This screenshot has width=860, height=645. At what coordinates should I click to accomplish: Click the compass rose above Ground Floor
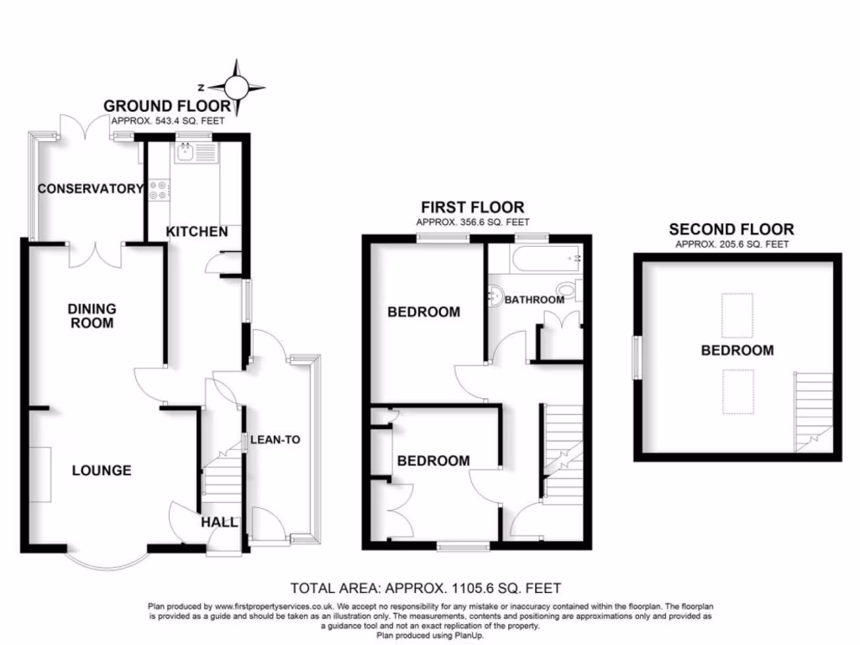238,87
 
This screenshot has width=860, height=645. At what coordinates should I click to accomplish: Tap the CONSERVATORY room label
91,188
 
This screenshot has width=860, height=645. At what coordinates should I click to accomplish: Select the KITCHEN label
197,231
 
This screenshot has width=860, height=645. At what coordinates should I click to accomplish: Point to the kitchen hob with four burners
159,191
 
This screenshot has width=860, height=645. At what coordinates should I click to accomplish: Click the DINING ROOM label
92,315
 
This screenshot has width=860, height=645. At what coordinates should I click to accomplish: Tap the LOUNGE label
101,469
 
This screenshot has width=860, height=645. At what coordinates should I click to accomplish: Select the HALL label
218,522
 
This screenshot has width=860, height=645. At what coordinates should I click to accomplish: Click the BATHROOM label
533,300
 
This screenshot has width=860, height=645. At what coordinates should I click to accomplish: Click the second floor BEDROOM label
737,350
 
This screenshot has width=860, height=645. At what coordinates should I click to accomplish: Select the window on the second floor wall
637,357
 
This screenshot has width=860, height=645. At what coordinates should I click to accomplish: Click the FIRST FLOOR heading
472,207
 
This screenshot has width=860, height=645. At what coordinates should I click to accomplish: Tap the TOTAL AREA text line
425,588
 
